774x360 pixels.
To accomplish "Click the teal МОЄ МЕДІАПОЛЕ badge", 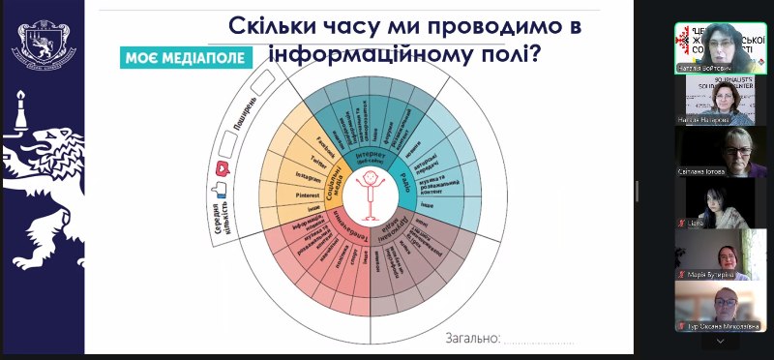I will (x=185, y=58).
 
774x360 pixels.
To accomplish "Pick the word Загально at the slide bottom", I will (x=472, y=338).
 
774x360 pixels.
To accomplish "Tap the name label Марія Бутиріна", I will (x=719, y=275).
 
